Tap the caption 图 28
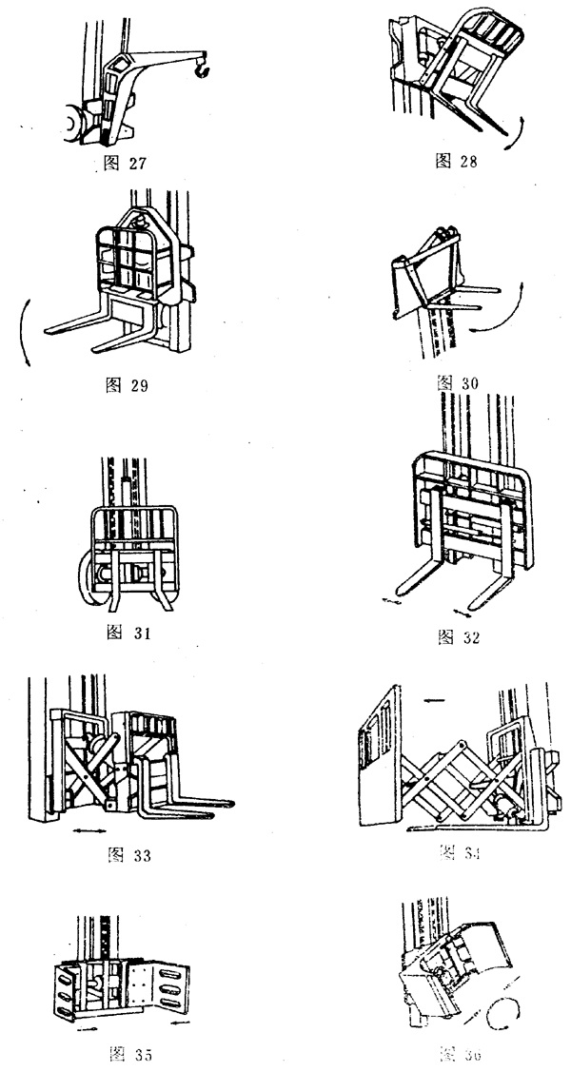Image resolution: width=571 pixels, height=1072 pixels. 455,161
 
